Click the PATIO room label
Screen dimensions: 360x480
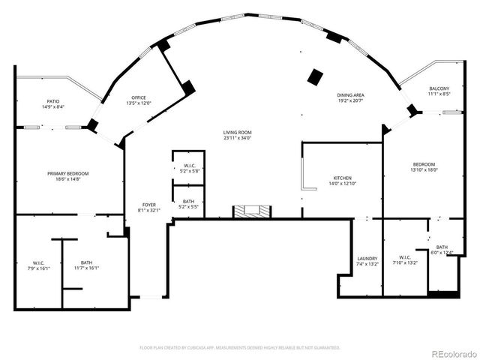pyautogui.click(x=52, y=101)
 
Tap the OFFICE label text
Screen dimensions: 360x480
pyautogui.click(x=138, y=97)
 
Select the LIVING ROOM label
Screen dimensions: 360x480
pyautogui.click(x=237, y=132)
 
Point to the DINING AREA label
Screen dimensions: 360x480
pyautogui.click(x=349, y=94)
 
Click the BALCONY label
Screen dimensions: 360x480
pyautogui.click(x=439, y=88)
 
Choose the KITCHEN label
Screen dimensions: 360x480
pyautogui.click(x=342, y=178)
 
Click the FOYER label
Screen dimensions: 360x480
pyautogui.click(x=149, y=205)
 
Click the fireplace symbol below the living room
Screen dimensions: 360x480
pyautogui.click(x=250, y=211)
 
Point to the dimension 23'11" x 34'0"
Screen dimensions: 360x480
pyautogui.click(x=237, y=138)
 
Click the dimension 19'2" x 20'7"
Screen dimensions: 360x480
pyautogui.click(x=349, y=100)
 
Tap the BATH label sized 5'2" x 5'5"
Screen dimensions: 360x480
pyautogui.click(x=189, y=201)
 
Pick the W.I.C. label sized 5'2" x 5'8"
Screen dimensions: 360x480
pyautogui.click(x=189, y=165)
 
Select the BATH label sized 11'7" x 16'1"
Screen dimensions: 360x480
pyautogui.click(x=87, y=262)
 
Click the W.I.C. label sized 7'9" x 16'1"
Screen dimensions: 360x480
pyautogui.click(x=39, y=262)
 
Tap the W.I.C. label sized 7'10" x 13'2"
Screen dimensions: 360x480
pyautogui.click(x=405, y=257)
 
